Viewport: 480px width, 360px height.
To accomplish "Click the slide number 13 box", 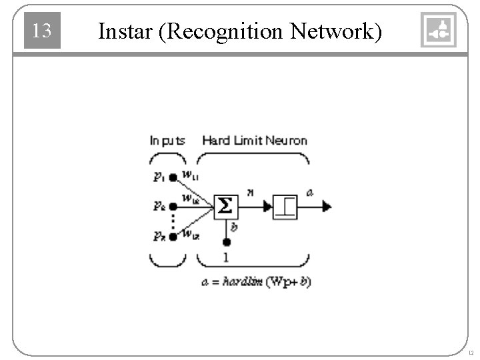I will pos(42,31).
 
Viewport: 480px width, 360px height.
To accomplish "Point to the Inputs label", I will pos(167,141).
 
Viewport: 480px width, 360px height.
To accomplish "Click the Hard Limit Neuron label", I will pos(255,141).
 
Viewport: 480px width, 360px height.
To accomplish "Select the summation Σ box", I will pos(226,207).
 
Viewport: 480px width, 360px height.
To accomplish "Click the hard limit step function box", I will pos(285,207).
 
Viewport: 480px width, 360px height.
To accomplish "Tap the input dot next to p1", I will pos(173,177).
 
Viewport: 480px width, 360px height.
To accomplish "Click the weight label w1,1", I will pos(189,176).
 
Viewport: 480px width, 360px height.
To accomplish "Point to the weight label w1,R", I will pos(190,233).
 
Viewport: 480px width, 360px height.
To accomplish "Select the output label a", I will pos(309,193).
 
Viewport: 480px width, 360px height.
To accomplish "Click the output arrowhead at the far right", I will pos(326,207).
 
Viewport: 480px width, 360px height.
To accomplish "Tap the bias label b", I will pos(234,227).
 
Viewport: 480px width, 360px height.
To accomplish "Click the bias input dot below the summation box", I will pos(227,242).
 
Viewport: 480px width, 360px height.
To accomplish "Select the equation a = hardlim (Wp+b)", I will pos(256,282).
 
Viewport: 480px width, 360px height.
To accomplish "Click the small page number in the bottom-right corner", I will pos(471,352).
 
